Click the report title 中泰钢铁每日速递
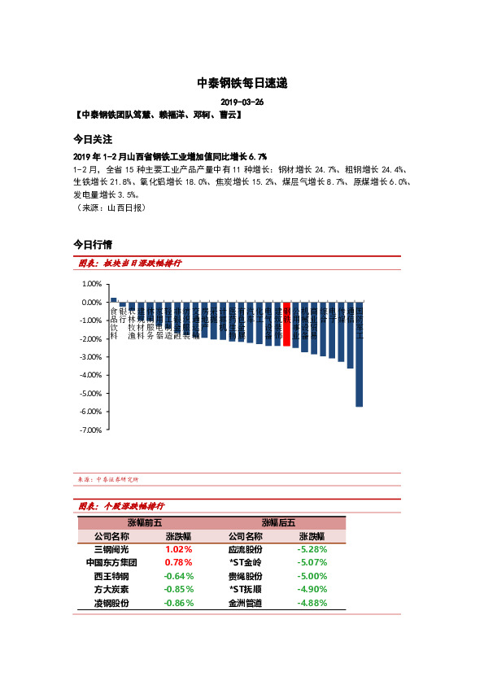tap(242, 83)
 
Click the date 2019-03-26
tap(242, 103)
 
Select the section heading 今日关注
tap(92, 139)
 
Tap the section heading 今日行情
tap(92, 243)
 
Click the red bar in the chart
tap(286, 324)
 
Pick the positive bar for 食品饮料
tap(114, 299)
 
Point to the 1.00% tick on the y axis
tap(91, 284)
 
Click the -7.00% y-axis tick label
tap(90, 430)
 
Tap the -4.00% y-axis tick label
tap(90, 375)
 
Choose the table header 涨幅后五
tap(278, 522)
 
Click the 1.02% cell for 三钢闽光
tap(178, 549)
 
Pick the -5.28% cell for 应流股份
tap(312, 549)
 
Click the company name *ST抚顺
tap(245, 589)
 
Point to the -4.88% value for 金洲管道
tap(312, 603)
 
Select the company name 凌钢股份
tap(111, 603)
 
